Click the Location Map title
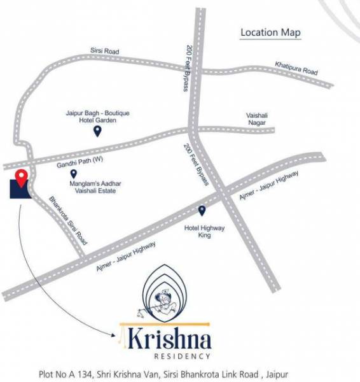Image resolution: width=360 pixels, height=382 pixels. coord(270,32)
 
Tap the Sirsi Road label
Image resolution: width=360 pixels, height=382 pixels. coord(106,51)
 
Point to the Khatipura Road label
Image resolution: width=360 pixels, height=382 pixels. coord(296,68)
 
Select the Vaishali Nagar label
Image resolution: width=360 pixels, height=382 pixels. coord(257,119)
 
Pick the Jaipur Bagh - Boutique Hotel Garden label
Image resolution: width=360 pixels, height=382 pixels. coord(97,117)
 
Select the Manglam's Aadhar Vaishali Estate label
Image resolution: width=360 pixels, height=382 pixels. coord(99,187)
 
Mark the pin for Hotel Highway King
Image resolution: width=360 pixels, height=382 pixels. coord(202,211)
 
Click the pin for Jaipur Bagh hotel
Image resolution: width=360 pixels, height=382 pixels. coord(97,131)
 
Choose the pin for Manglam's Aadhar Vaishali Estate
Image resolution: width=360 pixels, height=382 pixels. coord(73,173)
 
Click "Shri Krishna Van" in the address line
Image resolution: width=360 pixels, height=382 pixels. coord(124,374)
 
